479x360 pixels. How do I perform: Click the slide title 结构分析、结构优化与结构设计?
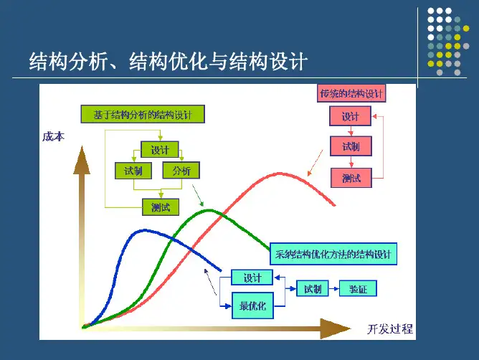[167, 61]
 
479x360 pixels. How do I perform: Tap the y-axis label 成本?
[53, 136]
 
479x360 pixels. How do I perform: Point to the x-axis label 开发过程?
[390, 329]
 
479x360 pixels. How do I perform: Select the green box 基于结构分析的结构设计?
[142, 114]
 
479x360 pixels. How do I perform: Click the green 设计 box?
[159, 150]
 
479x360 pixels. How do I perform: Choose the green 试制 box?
[133, 171]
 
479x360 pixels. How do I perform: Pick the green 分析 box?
[181, 171]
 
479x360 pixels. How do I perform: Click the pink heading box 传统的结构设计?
[351, 93]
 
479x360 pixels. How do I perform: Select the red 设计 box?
[350, 117]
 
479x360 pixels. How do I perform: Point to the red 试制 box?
[351, 147]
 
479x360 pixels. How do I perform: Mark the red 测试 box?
[351, 178]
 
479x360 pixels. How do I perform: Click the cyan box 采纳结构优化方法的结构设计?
[333, 254]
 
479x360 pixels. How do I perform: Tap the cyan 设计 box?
[252, 278]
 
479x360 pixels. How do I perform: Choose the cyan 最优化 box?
[252, 306]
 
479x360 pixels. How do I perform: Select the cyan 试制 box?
[312, 289]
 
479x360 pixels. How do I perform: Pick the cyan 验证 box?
[358, 289]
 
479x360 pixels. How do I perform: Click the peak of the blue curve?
[147, 231]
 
